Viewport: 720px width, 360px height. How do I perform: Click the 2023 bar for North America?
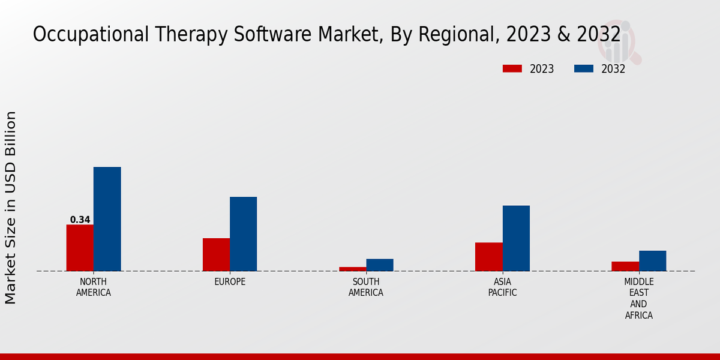(x=80, y=248)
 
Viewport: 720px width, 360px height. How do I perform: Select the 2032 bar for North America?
(x=107, y=219)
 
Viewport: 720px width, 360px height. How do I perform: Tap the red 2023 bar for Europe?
(x=216, y=254)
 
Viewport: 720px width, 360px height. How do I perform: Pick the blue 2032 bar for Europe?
(x=243, y=234)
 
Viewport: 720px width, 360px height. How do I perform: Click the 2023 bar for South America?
(x=352, y=269)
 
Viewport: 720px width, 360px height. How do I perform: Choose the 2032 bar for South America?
(x=380, y=265)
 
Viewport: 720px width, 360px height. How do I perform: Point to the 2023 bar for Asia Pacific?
(x=489, y=257)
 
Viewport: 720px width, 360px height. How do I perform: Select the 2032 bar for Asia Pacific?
(x=516, y=238)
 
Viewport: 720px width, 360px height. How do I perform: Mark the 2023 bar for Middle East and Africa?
(x=625, y=266)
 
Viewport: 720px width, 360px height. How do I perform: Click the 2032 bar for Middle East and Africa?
(x=652, y=260)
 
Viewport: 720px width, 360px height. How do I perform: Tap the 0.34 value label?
(x=80, y=220)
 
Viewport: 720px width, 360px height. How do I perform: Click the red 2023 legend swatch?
(x=512, y=68)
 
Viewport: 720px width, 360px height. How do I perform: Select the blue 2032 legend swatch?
(x=583, y=68)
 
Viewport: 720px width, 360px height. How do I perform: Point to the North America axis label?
(x=94, y=287)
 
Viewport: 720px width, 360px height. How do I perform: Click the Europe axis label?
(x=230, y=282)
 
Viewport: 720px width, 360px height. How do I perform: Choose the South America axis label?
(x=366, y=287)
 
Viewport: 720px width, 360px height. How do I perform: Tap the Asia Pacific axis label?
(x=503, y=287)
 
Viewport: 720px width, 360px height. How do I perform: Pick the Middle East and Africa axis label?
(x=639, y=298)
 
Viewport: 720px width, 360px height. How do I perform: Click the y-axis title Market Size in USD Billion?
(x=11, y=207)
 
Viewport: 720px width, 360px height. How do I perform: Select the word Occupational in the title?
(x=82, y=35)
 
